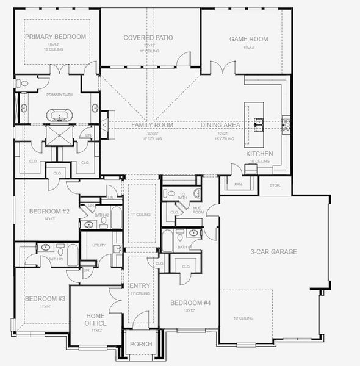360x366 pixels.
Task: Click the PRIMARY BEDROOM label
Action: pyautogui.click(x=56, y=37)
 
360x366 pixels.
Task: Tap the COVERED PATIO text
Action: pyautogui.click(x=148, y=38)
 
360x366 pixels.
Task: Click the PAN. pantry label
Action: pyautogui.click(x=238, y=183)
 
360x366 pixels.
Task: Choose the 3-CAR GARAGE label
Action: pyautogui.click(x=273, y=251)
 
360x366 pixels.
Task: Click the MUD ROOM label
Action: pyautogui.click(x=198, y=211)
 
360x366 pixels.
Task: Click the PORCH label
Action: pyautogui.click(x=141, y=345)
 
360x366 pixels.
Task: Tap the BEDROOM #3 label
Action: pyautogui.click(x=45, y=299)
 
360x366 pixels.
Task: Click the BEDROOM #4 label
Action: pyautogui.click(x=190, y=303)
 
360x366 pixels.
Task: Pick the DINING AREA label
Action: pyautogui.click(x=220, y=125)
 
